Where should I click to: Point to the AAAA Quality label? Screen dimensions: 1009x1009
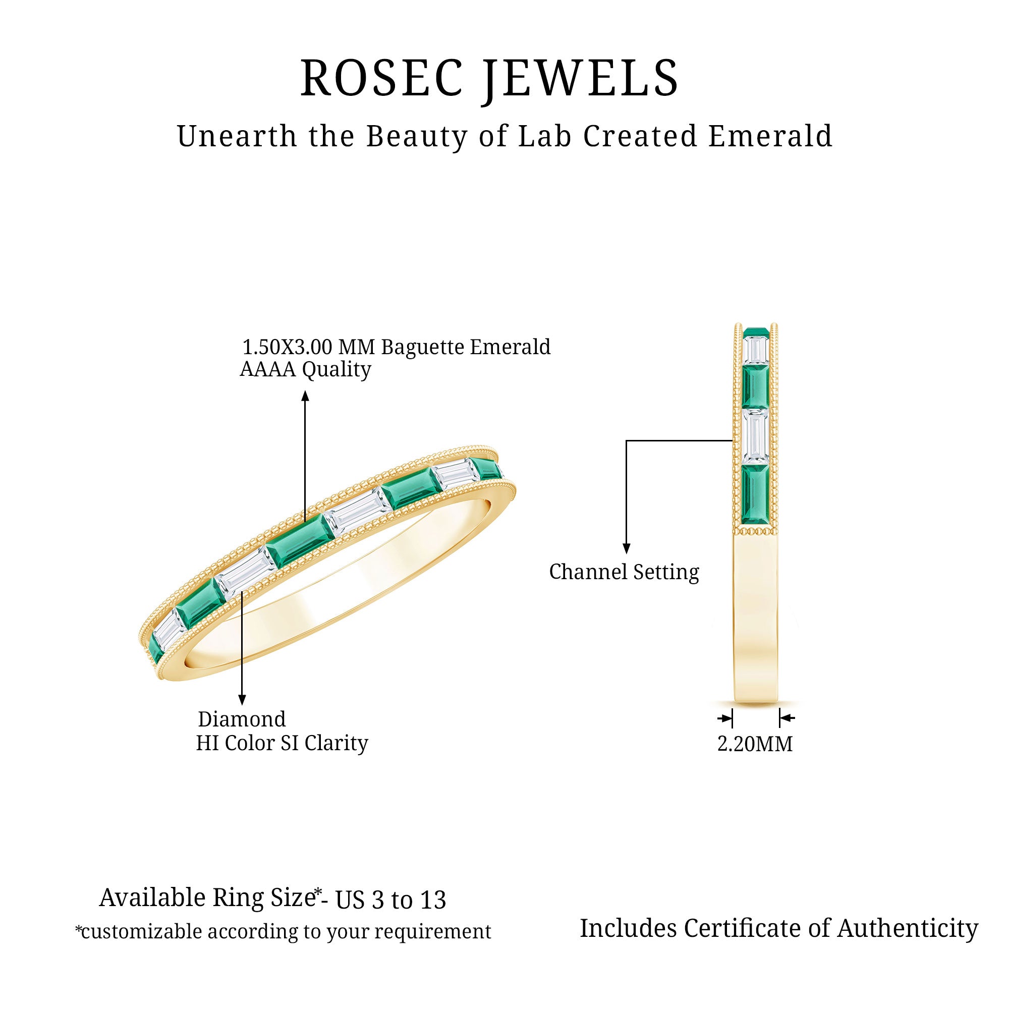pyautogui.click(x=306, y=369)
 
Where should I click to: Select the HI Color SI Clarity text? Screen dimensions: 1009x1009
pyautogui.click(x=282, y=743)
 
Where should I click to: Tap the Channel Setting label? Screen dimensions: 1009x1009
pyautogui.click(x=624, y=572)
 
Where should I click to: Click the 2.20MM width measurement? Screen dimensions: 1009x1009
pyautogui.click(x=755, y=744)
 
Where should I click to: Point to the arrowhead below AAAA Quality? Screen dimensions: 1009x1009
pyautogui.click(x=306, y=397)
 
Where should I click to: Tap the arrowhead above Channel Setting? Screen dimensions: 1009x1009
pyautogui.click(x=627, y=548)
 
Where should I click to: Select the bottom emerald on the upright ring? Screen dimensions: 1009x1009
pyautogui.click(x=755, y=493)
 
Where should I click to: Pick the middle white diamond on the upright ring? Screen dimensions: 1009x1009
pyautogui.click(x=755, y=436)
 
